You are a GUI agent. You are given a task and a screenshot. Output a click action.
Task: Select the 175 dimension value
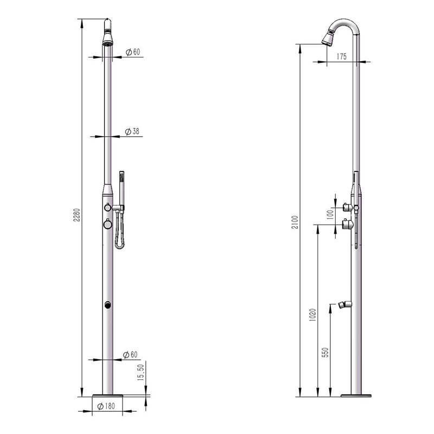[341, 56]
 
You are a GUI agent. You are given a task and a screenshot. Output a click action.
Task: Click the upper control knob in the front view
[108, 207]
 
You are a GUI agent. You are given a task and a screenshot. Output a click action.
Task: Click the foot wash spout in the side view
[343, 304]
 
